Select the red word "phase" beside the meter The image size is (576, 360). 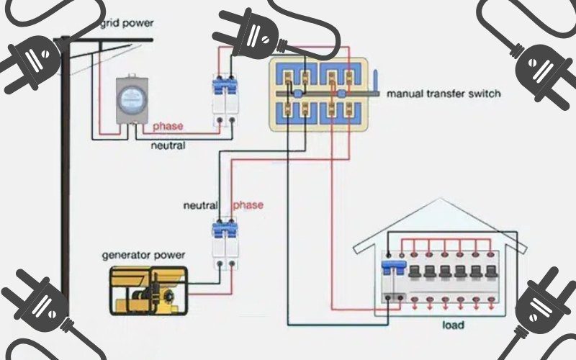click(x=167, y=126)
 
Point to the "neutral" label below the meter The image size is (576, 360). click(x=168, y=145)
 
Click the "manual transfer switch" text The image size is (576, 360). click(x=443, y=94)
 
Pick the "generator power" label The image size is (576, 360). click(x=143, y=254)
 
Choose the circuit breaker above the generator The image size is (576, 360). click(x=225, y=241)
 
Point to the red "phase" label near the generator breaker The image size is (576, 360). click(x=248, y=205)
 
